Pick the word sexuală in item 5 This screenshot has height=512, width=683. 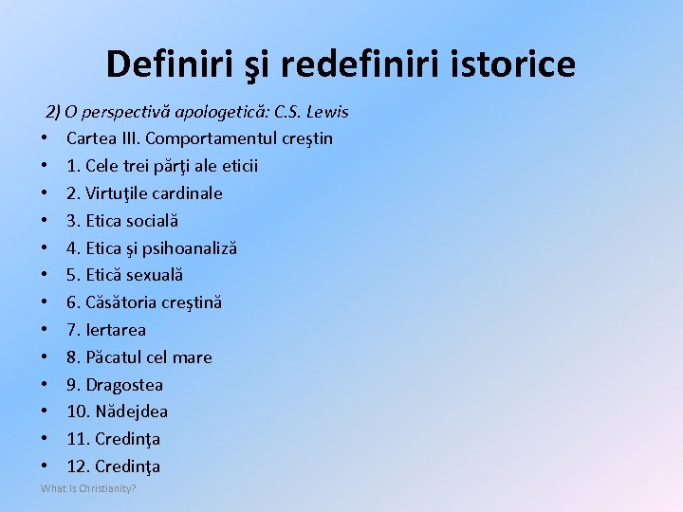(x=154, y=275)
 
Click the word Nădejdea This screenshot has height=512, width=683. (x=132, y=411)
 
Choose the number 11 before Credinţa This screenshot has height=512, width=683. (x=77, y=439)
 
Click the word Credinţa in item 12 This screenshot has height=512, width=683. (x=128, y=466)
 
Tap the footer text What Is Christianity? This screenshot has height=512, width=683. (x=88, y=488)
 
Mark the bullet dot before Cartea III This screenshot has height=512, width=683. (x=45, y=139)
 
